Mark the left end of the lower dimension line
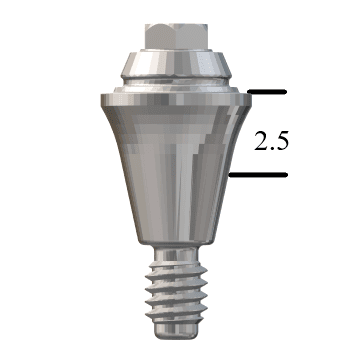click(232, 175)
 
